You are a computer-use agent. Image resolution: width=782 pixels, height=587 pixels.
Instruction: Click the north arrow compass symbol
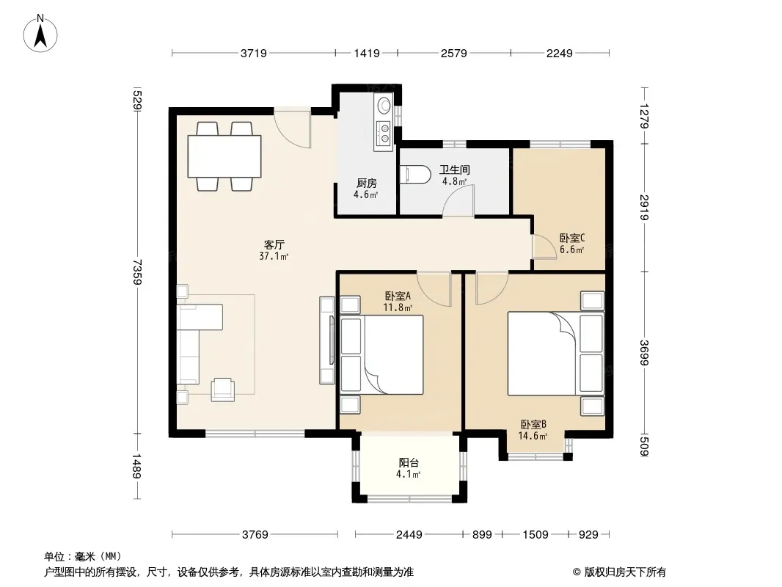click(40, 34)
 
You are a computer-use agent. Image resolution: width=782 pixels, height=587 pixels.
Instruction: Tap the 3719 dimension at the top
click(254, 53)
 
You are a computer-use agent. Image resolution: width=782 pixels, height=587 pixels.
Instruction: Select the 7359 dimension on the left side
click(137, 271)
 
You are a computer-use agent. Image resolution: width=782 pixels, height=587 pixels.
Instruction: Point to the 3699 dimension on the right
click(644, 352)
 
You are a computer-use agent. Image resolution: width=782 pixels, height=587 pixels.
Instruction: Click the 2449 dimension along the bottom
click(409, 535)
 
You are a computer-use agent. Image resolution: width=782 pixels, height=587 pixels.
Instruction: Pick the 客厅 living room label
click(274, 244)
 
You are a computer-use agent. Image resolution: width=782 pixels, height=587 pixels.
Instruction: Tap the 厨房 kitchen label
click(367, 183)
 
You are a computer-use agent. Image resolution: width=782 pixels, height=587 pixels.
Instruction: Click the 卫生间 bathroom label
click(454, 169)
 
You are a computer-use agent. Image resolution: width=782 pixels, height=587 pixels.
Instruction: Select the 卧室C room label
click(572, 238)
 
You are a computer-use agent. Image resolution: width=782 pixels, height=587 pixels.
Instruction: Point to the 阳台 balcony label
click(409, 462)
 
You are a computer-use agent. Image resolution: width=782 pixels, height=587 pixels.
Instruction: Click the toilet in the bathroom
click(415, 175)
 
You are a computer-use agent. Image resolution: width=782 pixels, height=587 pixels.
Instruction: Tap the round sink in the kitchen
click(384, 105)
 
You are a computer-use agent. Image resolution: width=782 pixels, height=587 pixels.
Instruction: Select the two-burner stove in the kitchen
click(384, 133)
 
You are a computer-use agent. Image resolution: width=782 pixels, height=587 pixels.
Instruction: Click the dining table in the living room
click(224, 156)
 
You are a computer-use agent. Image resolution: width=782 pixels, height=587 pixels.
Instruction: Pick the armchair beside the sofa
click(222, 390)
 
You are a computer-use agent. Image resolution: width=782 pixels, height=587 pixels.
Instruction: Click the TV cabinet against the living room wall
click(326, 340)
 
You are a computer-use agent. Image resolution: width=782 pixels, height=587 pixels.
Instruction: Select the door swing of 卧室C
click(544, 247)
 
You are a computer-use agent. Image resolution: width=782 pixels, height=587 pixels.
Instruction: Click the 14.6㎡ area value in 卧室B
click(533, 436)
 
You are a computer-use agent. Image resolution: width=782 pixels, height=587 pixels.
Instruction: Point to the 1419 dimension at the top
click(367, 53)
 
